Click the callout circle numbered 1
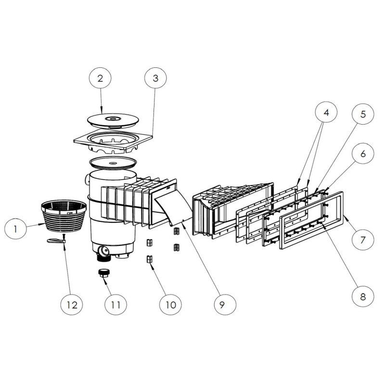coord(15,229)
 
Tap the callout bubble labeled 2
coord(100,78)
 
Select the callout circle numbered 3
coord(155,78)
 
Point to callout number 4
coord(326,112)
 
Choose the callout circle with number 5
coord(363,114)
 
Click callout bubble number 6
coord(363,154)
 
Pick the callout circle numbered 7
coord(363,239)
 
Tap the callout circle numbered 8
coord(363,296)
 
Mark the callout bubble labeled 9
coord(222,305)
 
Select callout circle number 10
coord(171,305)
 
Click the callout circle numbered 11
coord(115,305)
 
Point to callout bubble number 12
coord(72,305)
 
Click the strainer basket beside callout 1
coord(64,216)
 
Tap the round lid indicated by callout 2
coord(113,120)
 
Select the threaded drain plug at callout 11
coord(104,273)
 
